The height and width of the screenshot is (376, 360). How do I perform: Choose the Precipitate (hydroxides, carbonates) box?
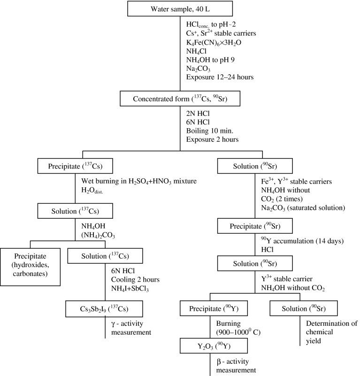tap(31, 261)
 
